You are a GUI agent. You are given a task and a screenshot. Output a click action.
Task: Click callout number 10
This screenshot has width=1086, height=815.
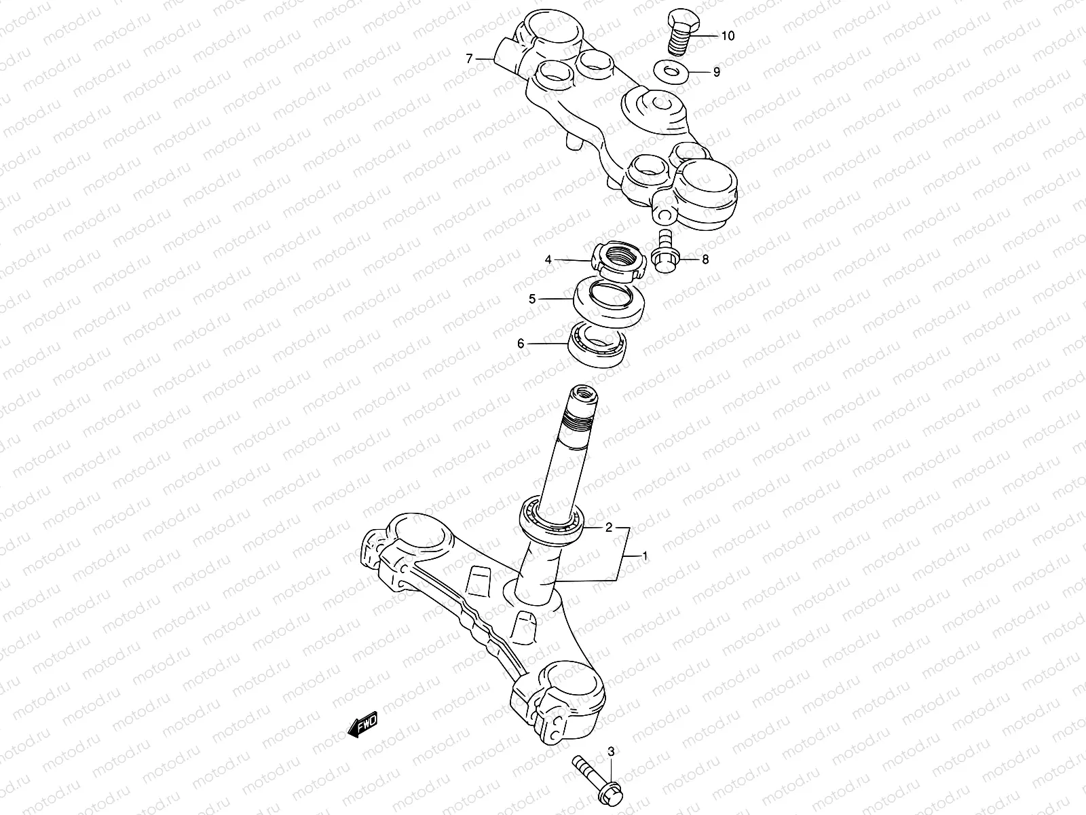[x=727, y=36]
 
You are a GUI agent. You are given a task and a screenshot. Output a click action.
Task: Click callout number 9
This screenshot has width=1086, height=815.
[x=716, y=72]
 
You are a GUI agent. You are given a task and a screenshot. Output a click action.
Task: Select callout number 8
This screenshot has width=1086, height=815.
[x=705, y=259]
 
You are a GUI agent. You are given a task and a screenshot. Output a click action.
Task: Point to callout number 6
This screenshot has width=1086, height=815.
[x=521, y=344]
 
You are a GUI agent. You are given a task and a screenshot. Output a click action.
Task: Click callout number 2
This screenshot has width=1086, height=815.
[x=609, y=527]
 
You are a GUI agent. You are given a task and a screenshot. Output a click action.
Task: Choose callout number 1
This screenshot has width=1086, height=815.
[x=645, y=556]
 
